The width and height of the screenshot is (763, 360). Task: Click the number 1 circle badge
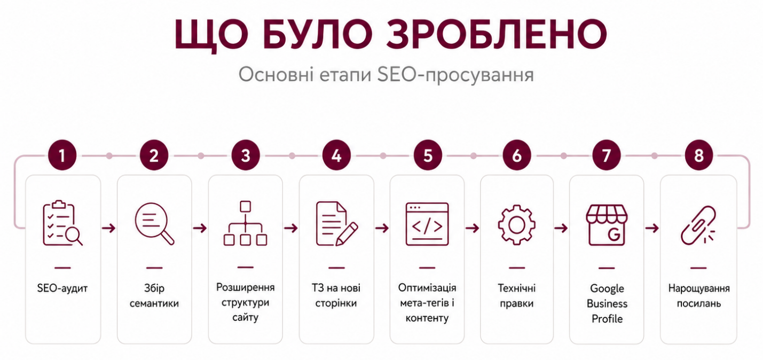62,155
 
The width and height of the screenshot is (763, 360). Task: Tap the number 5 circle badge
428,155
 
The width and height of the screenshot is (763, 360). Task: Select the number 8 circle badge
698,155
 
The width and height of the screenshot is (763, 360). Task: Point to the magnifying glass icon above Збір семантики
154,224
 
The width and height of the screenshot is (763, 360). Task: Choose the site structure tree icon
245,223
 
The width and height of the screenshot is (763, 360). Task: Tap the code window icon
427,224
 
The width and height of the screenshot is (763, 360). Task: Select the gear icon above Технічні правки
516,225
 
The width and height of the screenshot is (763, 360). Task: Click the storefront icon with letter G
607,225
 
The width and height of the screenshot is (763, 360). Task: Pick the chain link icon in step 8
698,225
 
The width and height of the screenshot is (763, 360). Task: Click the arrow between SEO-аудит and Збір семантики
109,228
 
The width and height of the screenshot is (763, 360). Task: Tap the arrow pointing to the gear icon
472,228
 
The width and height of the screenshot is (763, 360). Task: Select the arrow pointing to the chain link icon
651,228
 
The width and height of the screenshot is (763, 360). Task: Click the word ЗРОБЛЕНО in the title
497,34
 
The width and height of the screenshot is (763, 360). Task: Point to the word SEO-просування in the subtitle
455,75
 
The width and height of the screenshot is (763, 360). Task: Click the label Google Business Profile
607,303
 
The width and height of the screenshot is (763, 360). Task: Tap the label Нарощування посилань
698,295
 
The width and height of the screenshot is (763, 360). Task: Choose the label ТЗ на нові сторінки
336,295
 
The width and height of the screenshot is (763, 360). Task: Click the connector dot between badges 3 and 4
292,155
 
